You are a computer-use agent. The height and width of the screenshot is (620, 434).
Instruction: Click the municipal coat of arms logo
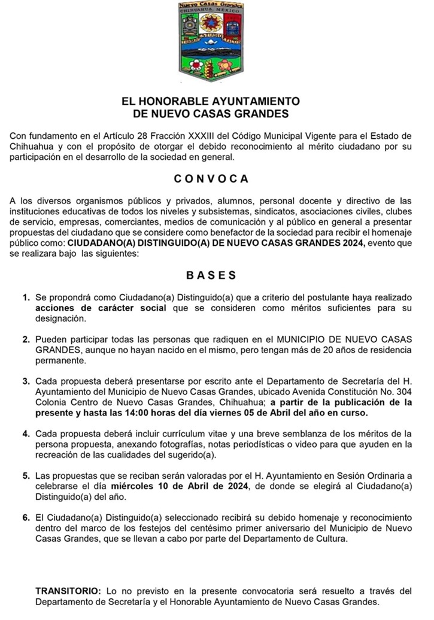coord(211,41)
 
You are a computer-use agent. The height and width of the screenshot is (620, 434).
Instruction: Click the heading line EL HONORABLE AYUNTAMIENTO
coord(211,102)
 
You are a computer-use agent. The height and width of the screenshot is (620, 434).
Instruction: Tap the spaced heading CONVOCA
coord(211,178)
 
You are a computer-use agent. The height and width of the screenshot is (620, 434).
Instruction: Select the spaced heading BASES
coord(211,275)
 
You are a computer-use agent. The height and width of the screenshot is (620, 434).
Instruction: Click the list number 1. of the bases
coord(26,297)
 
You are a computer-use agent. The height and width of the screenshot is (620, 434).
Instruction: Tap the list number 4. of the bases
coord(26,433)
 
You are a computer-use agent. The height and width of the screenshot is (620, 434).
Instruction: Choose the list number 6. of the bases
coord(26,516)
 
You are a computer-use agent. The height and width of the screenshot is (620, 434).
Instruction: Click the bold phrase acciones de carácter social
coord(102,308)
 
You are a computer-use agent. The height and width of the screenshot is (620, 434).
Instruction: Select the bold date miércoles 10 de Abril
coord(171,486)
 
